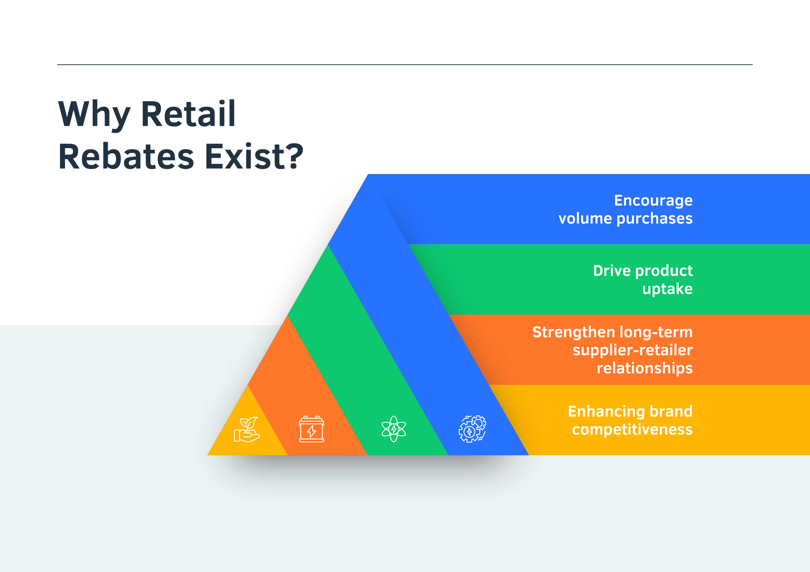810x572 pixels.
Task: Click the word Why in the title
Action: pyautogui.click(x=94, y=115)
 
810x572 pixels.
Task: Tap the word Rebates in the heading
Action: pyautogui.click(x=126, y=157)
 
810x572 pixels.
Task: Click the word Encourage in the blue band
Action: pyautogui.click(x=653, y=201)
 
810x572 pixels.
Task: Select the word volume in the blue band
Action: pyautogui.click(x=585, y=218)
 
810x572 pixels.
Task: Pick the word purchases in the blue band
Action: pyautogui.click(x=654, y=219)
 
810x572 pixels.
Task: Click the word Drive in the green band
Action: pyautogui.click(x=610, y=271)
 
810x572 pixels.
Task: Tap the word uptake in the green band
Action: pyautogui.click(x=667, y=289)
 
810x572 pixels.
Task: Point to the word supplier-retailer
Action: pyautogui.click(x=632, y=350)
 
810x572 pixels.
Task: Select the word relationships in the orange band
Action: pyautogui.click(x=644, y=369)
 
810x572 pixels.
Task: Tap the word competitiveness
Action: pyautogui.click(x=632, y=430)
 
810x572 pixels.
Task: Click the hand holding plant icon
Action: pyautogui.click(x=247, y=430)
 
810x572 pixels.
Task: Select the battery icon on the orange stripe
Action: pyautogui.click(x=311, y=429)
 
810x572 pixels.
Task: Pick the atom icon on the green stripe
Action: pyautogui.click(x=394, y=429)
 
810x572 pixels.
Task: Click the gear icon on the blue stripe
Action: pyautogui.click(x=472, y=429)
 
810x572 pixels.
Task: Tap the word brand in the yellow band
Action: pyautogui.click(x=671, y=411)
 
